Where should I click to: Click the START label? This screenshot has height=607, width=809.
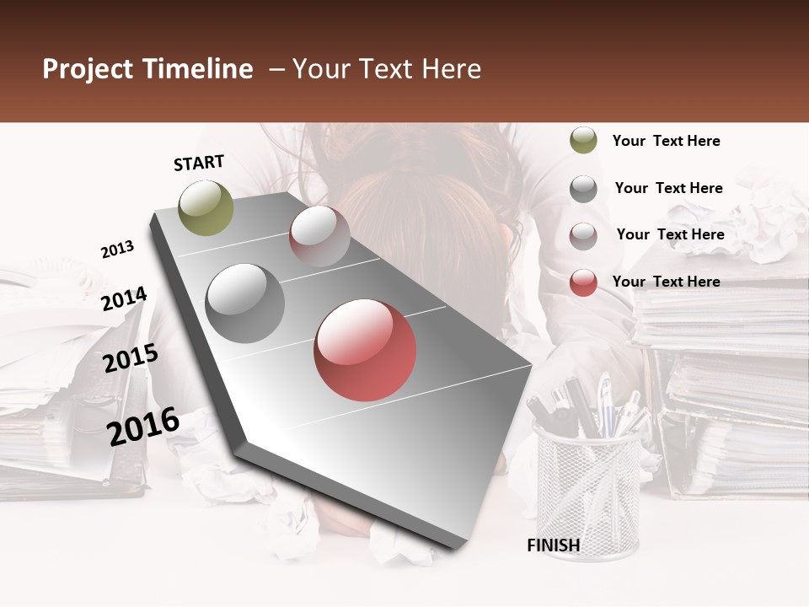[x=199, y=163]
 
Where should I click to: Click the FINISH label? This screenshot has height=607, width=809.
[x=554, y=545]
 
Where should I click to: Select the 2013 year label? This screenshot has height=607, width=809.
[x=117, y=250]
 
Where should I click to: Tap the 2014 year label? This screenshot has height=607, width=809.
[x=124, y=298]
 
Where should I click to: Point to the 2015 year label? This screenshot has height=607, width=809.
[x=131, y=358]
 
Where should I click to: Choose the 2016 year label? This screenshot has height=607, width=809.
[x=143, y=426]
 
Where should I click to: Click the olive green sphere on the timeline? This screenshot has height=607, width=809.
[x=206, y=207]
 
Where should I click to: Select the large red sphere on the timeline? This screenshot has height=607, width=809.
[x=365, y=350]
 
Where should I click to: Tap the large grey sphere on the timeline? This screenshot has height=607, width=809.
[x=245, y=303]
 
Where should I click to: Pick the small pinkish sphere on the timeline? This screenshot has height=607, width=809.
[x=319, y=236]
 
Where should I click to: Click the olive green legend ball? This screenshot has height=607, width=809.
[x=583, y=141]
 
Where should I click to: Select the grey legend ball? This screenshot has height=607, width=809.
[x=583, y=189]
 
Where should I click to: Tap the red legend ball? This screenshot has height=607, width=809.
[x=583, y=282]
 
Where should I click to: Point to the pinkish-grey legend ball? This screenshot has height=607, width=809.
[x=583, y=236]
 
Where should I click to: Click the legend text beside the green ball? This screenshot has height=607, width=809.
[x=666, y=141]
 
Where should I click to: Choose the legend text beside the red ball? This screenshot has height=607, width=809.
[x=666, y=282]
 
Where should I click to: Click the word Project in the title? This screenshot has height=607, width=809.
[x=88, y=69]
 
